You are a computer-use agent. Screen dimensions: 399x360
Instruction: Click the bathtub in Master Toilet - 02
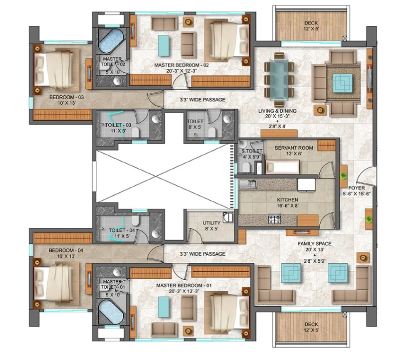(x=111, y=41)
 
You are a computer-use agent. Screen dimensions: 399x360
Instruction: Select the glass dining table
(x=279, y=80)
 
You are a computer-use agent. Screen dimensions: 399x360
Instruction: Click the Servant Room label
(x=294, y=148)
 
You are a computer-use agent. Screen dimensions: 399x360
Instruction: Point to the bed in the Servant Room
(x=282, y=167)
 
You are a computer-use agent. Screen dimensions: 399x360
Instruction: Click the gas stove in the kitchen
(x=275, y=220)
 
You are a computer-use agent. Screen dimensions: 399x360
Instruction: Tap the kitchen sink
(x=248, y=184)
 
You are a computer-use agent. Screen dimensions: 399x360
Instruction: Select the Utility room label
(x=211, y=223)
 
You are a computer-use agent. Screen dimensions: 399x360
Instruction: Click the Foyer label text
(x=357, y=188)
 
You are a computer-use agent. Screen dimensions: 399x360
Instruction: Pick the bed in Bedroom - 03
(x=56, y=69)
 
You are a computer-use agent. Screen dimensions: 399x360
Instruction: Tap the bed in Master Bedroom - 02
(x=227, y=40)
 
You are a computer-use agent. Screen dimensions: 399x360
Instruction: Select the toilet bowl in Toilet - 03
(x=135, y=132)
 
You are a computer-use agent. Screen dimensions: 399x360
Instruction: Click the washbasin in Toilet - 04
(x=156, y=233)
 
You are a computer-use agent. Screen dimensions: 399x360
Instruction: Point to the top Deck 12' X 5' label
(x=311, y=26)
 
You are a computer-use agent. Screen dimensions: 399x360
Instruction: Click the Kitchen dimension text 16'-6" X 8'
(x=288, y=205)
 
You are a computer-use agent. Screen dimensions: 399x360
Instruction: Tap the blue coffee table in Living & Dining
(x=343, y=83)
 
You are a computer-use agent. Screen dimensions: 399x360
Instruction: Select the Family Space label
(x=315, y=244)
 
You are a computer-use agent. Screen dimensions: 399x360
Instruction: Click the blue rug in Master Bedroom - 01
(x=164, y=307)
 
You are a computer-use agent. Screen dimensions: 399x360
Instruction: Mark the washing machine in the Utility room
(x=228, y=217)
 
